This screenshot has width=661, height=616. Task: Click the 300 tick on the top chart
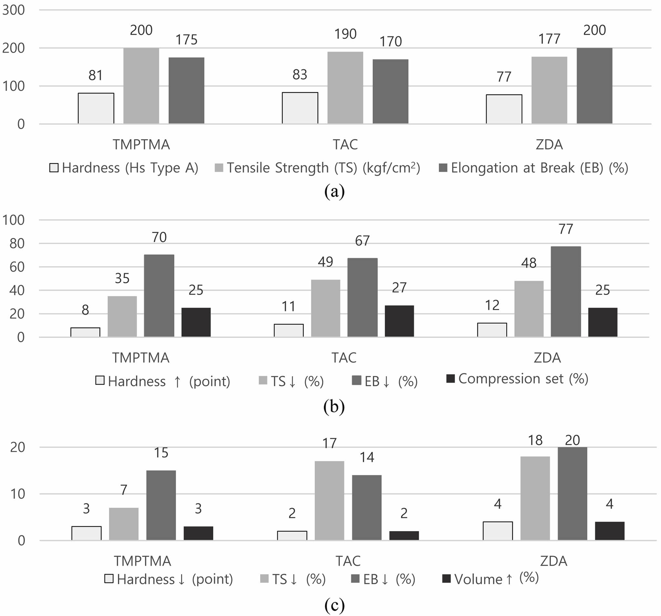[13, 10]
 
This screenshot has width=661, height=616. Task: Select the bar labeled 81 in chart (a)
[96, 108]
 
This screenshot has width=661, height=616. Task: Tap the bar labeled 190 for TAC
[345, 88]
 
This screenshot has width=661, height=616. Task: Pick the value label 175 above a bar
[186, 40]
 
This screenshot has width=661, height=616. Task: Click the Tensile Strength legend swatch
[219, 167]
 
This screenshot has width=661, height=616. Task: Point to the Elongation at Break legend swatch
[443, 167]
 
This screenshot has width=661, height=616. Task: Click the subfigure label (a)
[334, 192]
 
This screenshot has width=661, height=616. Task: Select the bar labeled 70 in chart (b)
[159, 296]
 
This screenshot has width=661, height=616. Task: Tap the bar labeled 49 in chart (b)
[325, 308]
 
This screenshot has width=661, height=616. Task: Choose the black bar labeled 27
[399, 321]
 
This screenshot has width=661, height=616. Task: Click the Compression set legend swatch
[450, 379]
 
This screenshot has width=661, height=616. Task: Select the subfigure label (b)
[334, 407]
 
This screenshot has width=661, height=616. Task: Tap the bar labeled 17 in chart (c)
[329, 500]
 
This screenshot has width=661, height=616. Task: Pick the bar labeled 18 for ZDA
[535, 498]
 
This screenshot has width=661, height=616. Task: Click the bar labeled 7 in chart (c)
[124, 524]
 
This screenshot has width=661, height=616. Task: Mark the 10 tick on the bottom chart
[18, 494]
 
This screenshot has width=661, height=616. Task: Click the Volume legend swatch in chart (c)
[447, 579]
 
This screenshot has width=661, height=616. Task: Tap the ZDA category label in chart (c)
[553, 561]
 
